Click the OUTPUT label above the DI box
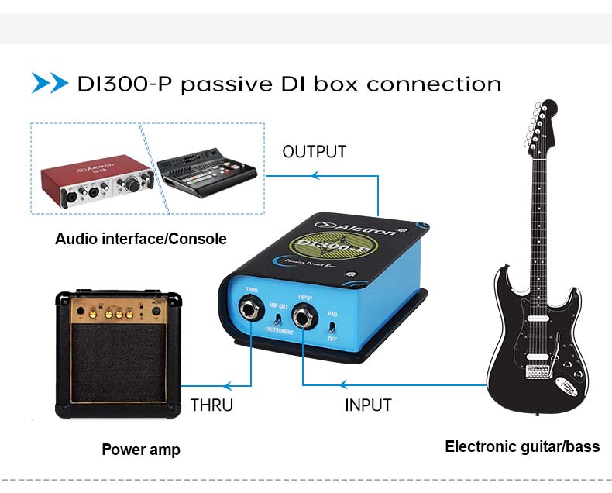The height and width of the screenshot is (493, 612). click(314, 151)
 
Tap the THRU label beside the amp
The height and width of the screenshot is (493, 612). click(211, 405)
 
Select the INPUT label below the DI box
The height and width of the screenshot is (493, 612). click(368, 405)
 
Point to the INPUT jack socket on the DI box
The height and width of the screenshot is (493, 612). click(303, 316)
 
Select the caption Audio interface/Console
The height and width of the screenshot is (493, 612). click(141, 239)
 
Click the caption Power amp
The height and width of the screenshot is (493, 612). click(141, 450)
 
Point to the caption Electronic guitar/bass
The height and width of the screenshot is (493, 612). click(522, 446)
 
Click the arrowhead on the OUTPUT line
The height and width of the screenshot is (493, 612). click(314, 176)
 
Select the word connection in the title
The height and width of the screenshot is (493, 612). click(434, 84)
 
